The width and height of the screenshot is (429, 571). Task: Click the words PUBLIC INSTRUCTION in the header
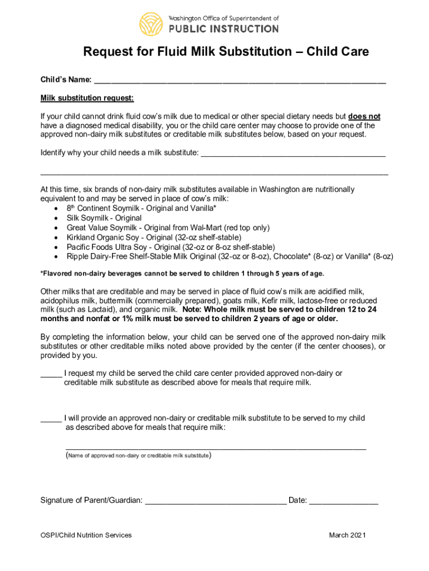point(223,28)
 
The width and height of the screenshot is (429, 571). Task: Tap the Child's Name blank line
point(240,81)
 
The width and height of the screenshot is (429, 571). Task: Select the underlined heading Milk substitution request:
point(87,99)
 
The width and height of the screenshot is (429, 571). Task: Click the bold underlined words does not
point(364,117)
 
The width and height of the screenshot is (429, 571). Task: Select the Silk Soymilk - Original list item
point(104,218)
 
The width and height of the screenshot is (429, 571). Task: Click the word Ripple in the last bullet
point(79,257)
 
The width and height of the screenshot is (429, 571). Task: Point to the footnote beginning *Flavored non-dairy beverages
point(182,274)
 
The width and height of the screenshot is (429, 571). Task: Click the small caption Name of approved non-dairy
point(138,456)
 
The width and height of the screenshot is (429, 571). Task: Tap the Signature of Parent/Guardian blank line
point(216,501)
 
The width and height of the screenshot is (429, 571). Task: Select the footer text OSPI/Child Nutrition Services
point(86,535)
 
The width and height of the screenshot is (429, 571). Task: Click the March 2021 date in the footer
point(347,535)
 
